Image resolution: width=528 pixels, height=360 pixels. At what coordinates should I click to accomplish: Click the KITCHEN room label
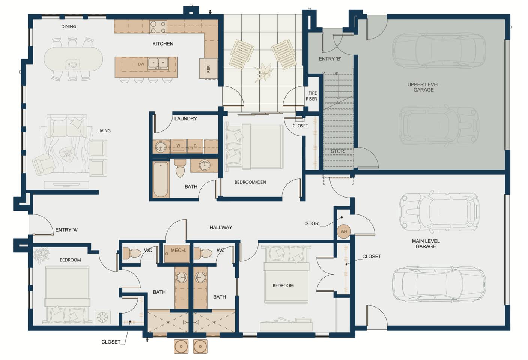pyautogui.click(x=162, y=44)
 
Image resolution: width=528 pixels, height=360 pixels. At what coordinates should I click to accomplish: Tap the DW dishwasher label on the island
pyautogui.click(x=141, y=64)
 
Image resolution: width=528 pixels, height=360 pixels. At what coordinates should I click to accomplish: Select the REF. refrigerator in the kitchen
pyautogui.click(x=208, y=69)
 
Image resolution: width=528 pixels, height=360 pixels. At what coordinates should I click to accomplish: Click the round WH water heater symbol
pyautogui.click(x=344, y=231)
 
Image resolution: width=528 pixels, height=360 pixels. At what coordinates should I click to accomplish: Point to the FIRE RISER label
pyautogui.click(x=312, y=96)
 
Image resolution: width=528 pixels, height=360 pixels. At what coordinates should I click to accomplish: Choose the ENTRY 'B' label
pyautogui.click(x=330, y=59)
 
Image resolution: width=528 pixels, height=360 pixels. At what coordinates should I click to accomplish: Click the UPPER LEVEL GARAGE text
pyautogui.click(x=423, y=87)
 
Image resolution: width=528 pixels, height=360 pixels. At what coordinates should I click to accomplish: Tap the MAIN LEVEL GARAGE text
pyautogui.click(x=426, y=244)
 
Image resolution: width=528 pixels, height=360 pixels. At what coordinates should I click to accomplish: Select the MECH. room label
pyautogui.click(x=178, y=250)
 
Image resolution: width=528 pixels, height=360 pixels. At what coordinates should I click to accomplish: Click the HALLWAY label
pyautogui.click(x=221, y=227)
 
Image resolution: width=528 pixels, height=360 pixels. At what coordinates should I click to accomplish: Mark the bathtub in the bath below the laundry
pyautogui.click(x=161, y=179)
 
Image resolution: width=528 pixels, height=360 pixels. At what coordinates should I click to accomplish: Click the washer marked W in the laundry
pyautogui.click(x=178, y=146)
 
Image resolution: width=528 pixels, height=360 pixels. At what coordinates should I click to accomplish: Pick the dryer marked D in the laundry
pyautogui.click(x=195, y=146)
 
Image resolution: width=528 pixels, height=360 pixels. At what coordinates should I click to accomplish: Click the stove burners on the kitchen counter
pyautogui.click(x=158, y=27)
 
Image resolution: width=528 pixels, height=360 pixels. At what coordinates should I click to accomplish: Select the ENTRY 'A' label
pyautogui.click(x=66, y=230)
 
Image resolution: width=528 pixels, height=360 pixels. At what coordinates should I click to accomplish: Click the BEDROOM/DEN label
pyautogui.click(x=250, y=182)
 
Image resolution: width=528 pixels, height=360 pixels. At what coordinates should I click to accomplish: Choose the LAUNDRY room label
pyautogui.click(x=185, y=119)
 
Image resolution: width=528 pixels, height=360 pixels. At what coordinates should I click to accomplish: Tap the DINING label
pyautogui.click(x=69, y=27)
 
